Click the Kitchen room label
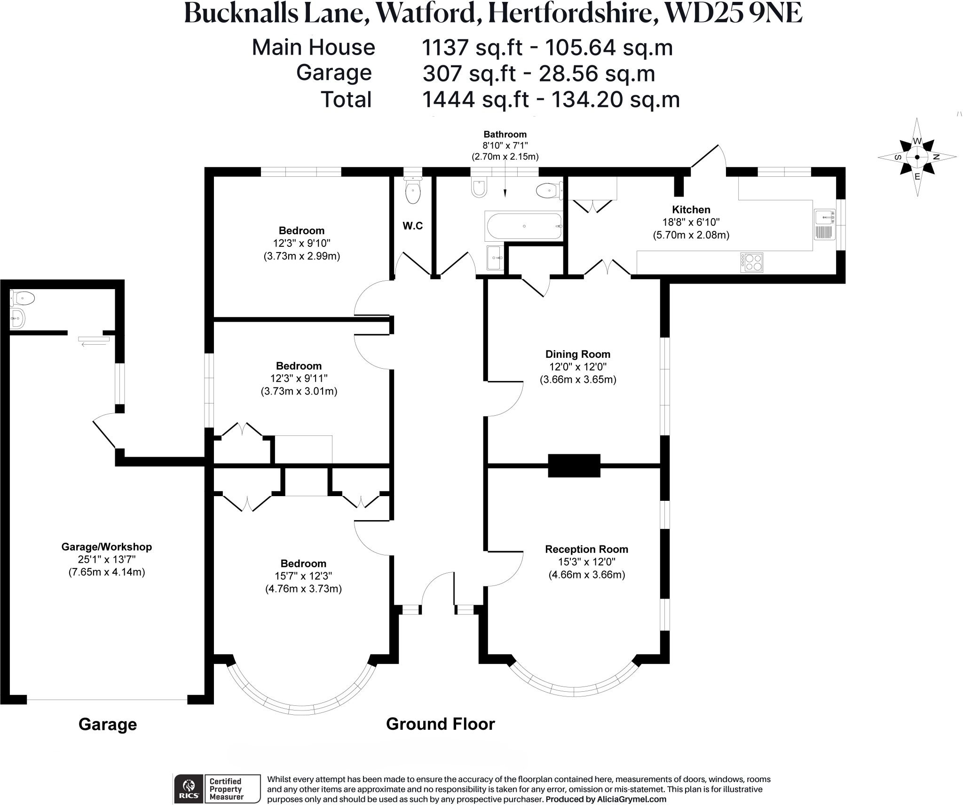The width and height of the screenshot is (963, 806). (691, 210)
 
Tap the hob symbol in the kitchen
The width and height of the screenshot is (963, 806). (751, 262)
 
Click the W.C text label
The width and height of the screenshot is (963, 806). (412, 226)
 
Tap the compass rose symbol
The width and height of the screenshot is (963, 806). (917, 157)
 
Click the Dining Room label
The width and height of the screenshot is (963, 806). (577, 354)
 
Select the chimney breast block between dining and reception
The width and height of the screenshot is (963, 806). (574, 466)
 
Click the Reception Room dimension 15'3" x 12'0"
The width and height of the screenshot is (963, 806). (586, 561)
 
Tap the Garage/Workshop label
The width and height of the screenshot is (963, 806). (107, 547)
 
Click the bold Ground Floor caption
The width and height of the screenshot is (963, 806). (440, 724)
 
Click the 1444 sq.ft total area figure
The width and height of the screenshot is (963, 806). (475, 100)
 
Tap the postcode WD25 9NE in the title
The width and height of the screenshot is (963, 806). (734, 14)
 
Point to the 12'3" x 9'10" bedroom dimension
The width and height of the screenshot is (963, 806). (301, 243)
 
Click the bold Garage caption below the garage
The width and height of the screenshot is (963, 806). (108, 725)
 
